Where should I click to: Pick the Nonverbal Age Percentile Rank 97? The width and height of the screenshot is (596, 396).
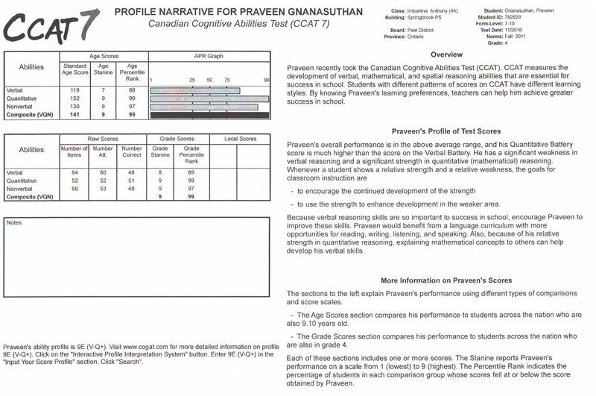(x=133, y=107)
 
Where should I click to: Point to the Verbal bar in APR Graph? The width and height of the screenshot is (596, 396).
(x=195, y=91)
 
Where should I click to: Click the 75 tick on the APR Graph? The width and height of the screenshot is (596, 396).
(x=226, y=79)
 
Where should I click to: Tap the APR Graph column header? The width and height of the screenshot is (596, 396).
(x=209, y=56)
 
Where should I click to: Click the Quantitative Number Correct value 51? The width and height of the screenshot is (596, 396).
(x=131, y=180)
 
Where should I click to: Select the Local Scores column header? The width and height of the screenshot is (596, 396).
(x=240, y=139)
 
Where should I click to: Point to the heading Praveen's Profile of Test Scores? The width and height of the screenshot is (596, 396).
(x=436, y=131)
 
